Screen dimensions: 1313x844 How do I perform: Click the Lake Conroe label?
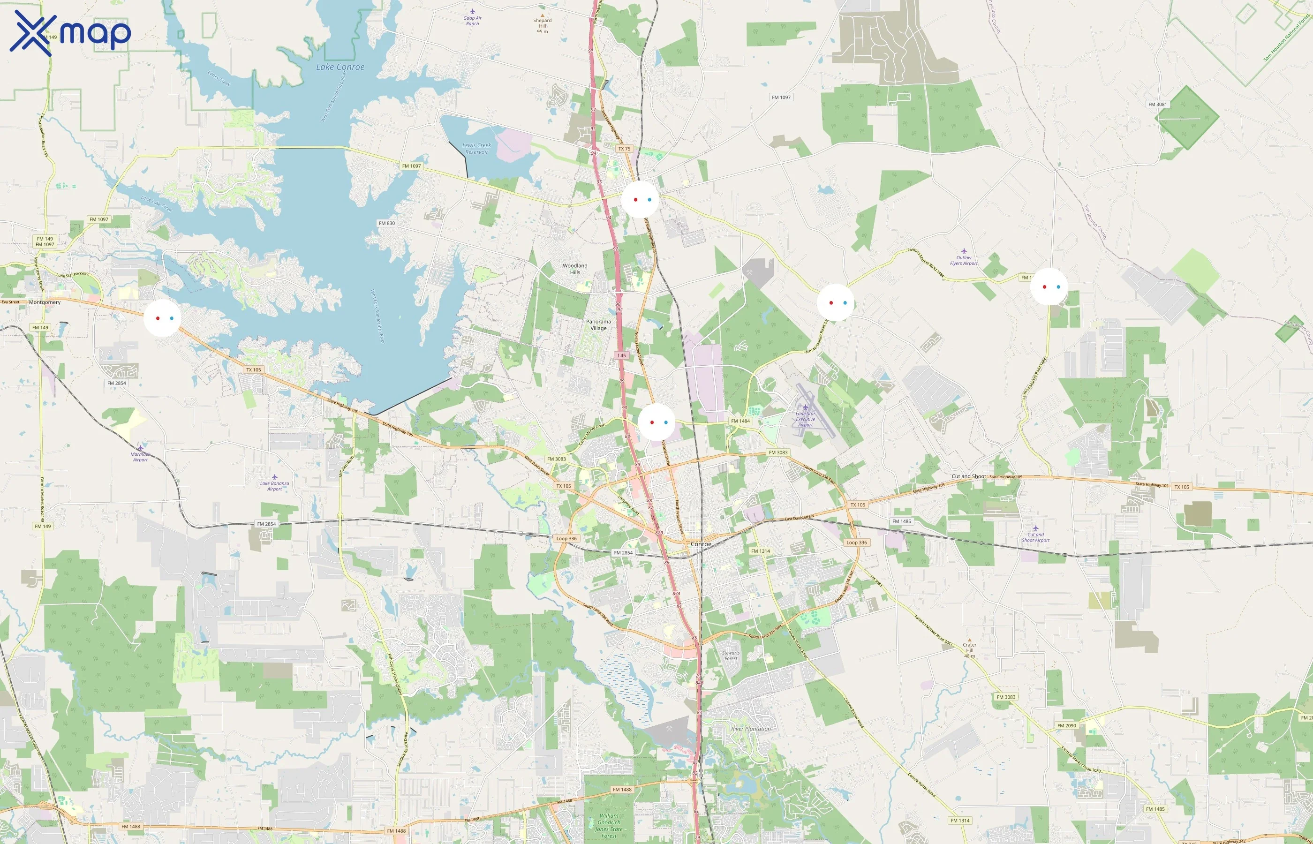[x=340, y=67]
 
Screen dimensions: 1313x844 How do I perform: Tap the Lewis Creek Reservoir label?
[x=476, y=149]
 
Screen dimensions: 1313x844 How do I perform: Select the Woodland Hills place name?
[x=575, y=269]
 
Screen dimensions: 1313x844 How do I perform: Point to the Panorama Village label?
[x=598, y=325]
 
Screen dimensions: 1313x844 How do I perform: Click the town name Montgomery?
[x=45, y=302]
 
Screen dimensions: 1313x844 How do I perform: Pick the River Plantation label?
[x=751, y=729]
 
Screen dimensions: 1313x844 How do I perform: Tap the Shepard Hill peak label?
[x=543, y=23]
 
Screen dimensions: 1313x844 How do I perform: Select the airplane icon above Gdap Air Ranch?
[x=472, y=11]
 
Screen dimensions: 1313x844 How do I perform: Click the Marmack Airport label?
[x=140, y=457]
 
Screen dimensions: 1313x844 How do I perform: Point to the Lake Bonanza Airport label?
[x=274, y=486]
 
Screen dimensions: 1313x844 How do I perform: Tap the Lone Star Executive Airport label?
[x=806, y=419]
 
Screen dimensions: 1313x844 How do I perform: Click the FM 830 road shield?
[x=386, y=223]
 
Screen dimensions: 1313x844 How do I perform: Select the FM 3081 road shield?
[x=1157, y=104]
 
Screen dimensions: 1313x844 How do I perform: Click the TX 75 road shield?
[x=624, y=149]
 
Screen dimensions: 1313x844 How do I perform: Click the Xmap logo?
[x=70, y=33]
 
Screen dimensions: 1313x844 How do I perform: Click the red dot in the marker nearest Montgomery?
[x=158, y=318]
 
